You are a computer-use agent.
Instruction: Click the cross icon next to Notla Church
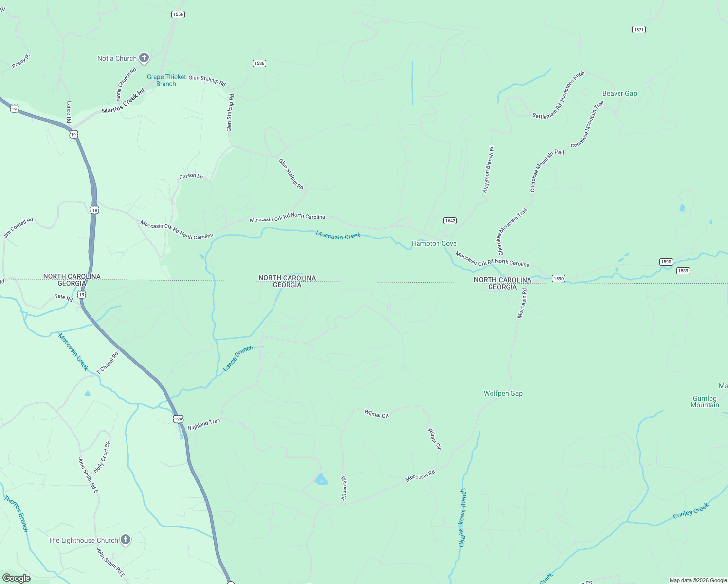(144, 58)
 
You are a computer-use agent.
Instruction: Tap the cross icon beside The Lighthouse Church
(126, 540)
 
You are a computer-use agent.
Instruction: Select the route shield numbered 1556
(178, 14)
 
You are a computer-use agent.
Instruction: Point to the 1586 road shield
(259, 63)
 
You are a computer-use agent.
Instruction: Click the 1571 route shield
(639, 30)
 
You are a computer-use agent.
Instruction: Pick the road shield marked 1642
(450, 221)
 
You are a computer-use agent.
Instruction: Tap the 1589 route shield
(683, 271)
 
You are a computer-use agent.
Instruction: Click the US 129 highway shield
(179, 419)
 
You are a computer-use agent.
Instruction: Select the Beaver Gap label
(619, 93)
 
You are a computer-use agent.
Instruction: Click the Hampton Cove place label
(434, 243)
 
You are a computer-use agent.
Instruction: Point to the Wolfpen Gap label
(503, 393)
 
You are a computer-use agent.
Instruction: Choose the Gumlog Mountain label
(705, 401)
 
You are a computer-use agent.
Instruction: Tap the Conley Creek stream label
(691, 511)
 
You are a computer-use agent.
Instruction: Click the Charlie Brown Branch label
(462, 517)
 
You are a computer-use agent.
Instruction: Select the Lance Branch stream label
(238, 359)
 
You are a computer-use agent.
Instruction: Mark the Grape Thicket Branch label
(166, 80)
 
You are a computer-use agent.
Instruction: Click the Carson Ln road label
(191, 176)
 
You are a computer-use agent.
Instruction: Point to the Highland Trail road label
(204, 424)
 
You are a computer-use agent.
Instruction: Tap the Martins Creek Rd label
(124, 101)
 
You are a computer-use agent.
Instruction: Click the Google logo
(16, 578)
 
